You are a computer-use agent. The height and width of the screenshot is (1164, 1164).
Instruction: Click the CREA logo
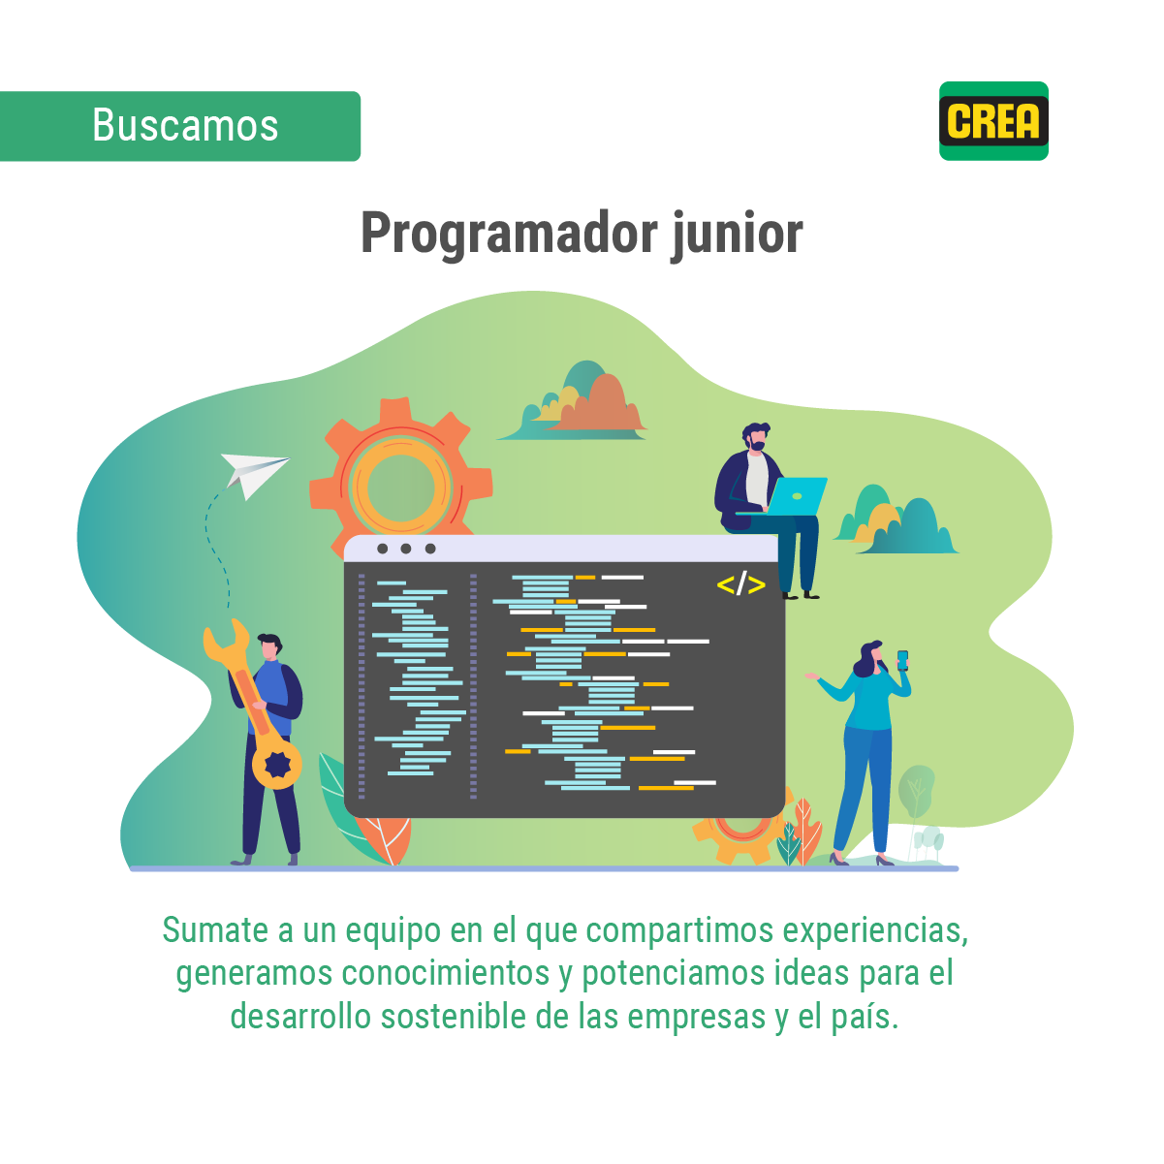click(993, 121)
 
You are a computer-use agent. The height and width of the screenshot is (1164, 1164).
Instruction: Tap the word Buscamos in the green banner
click(185, 126)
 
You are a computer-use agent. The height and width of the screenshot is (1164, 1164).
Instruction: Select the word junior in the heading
click(738, 234)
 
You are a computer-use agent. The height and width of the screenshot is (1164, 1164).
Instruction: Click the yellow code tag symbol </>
click(740, 584)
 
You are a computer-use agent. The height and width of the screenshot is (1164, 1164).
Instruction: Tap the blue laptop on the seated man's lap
click(798, 495)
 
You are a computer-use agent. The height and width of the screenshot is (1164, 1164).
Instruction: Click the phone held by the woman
click(902, 660)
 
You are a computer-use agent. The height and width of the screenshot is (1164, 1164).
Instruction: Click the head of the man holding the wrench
click(269, 646)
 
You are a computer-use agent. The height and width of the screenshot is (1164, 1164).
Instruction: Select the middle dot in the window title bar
click(406, 550)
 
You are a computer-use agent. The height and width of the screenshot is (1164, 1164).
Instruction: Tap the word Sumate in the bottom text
click(215, 930)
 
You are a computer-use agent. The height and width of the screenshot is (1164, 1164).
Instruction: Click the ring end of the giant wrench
click(277, 765)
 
